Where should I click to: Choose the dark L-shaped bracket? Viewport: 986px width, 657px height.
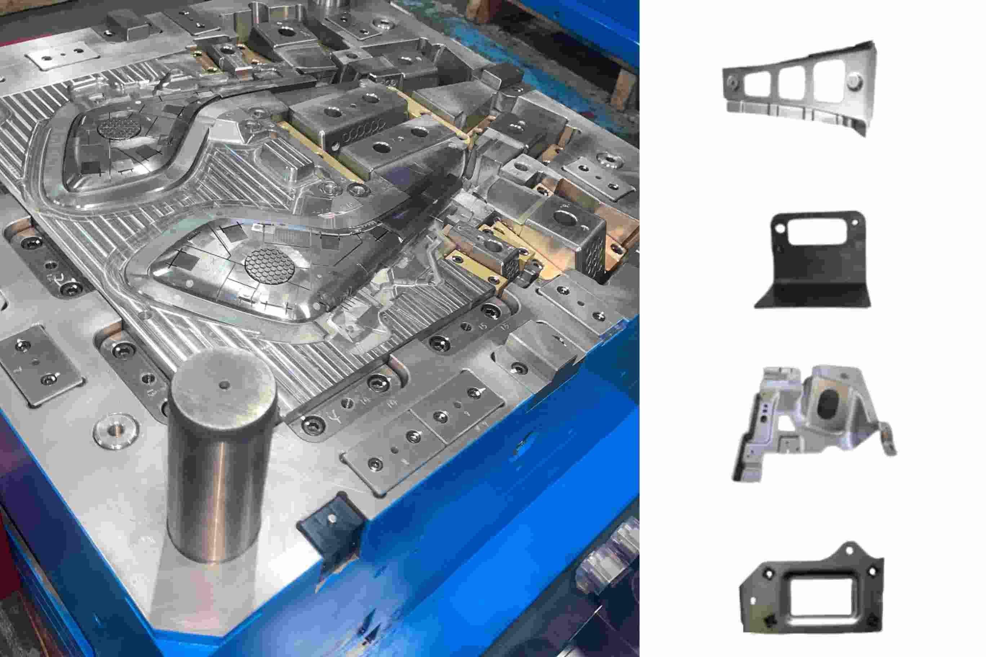(x=813, y=260)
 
